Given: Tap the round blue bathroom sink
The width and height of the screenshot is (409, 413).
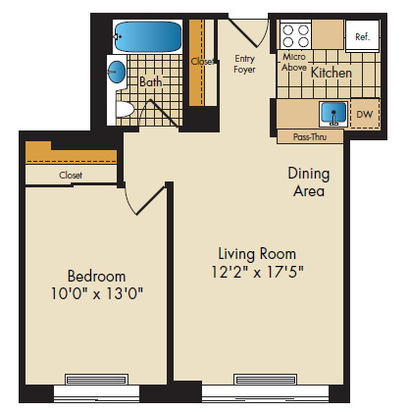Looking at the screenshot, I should [117, 72].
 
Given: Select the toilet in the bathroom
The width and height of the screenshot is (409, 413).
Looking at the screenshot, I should [125, 108].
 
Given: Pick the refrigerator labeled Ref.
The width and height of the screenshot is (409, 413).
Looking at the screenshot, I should [361, 36].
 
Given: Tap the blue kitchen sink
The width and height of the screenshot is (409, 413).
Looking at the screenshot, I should [334, 113].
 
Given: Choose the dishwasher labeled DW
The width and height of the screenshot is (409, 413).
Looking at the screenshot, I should [364, 115].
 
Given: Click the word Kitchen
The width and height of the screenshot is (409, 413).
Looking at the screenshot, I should [332, 73].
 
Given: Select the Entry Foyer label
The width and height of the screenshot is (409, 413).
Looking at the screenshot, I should [244, 64].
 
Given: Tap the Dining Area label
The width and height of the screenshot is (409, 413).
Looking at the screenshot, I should [308, 182].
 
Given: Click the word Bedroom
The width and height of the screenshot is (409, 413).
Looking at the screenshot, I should [95, 275].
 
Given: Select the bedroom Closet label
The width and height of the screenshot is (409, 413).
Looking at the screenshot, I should [71, 175].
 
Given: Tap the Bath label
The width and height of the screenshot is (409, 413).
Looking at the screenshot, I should [150, 83].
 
